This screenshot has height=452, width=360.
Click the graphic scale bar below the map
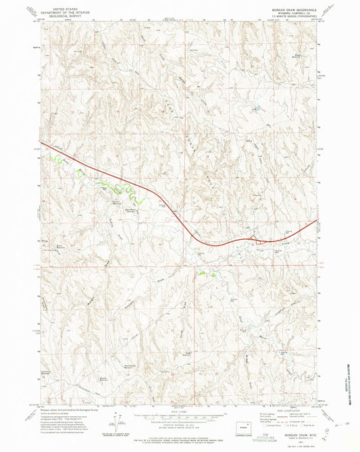click(180, 419)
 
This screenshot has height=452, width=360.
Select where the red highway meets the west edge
click(41, 142)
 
